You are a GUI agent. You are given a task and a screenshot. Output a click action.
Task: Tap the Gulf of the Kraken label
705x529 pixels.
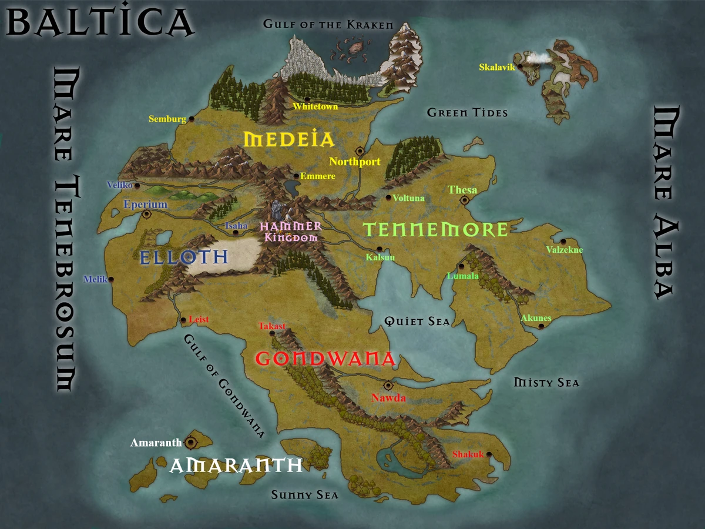point(328,25)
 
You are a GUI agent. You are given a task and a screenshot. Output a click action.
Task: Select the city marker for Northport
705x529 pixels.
point(360,151)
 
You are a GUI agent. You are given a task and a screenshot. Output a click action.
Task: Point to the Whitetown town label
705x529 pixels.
point(315,106)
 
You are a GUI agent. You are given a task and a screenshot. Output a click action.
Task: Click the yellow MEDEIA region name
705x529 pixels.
point(289,140)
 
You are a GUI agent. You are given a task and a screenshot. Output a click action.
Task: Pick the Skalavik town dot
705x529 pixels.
point(520,66)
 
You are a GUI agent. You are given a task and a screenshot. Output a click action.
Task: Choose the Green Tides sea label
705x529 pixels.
point(467,112)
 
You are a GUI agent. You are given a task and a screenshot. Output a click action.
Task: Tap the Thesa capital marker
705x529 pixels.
point(464,200)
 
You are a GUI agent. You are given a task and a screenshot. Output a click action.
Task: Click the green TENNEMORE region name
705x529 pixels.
point(435,230)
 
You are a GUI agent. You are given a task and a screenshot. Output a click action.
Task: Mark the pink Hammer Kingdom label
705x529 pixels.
point(291,232)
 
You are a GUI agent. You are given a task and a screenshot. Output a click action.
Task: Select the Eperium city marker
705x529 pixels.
point(147,215)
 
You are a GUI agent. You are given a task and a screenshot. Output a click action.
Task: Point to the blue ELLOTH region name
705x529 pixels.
point(183,257)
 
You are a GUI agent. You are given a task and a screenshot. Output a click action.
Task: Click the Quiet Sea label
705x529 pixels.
point(417,321)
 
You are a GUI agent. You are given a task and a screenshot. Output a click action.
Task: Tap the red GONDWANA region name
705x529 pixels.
point(325,359)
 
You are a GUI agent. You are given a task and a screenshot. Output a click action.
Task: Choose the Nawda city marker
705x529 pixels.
point(388,386)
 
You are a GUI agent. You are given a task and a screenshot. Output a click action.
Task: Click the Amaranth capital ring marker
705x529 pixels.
point(190,442)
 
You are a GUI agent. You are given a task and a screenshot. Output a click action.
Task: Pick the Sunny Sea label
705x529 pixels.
point(304,495)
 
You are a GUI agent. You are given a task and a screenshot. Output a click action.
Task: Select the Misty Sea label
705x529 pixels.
point(546,383)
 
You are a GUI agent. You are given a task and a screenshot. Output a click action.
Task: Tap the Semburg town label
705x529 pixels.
point(167,119)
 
